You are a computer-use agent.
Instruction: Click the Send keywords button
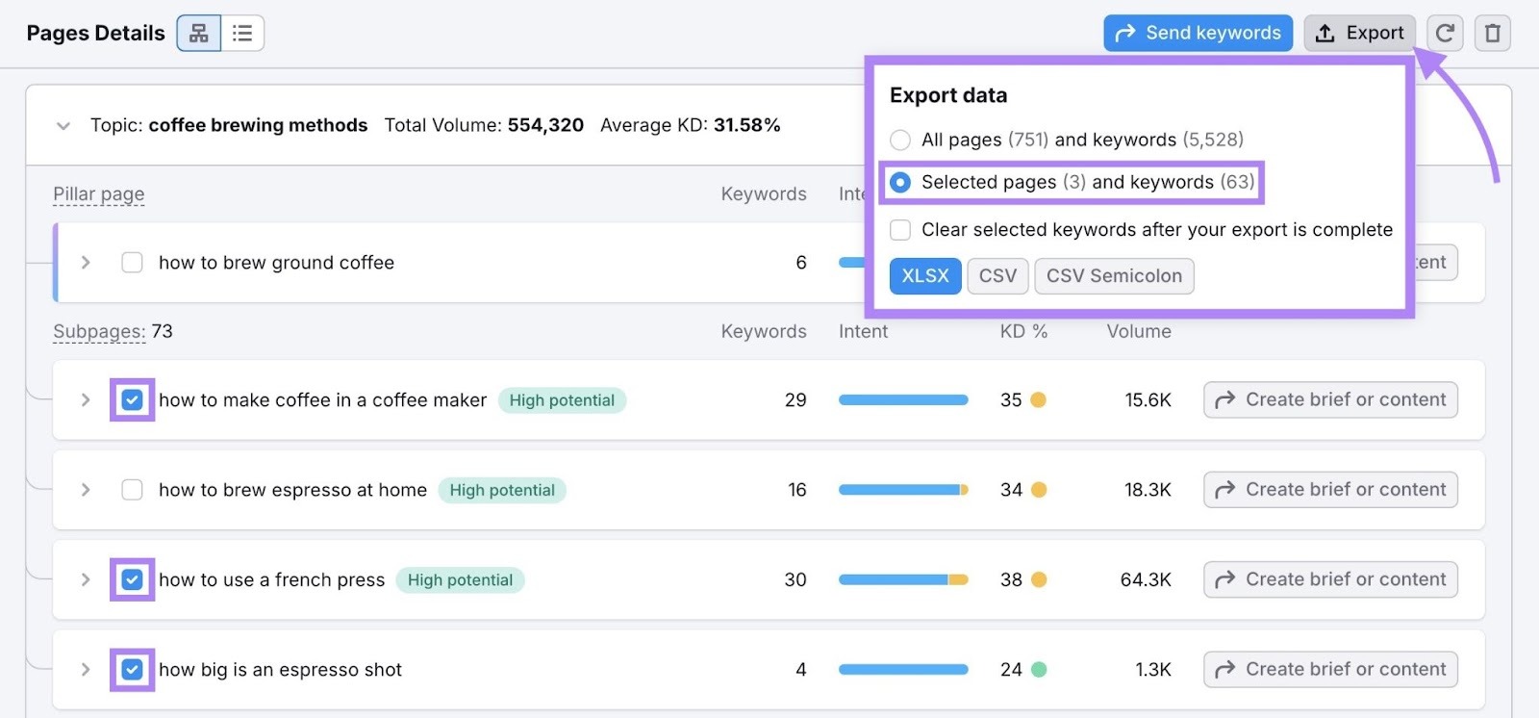click(1198, 34)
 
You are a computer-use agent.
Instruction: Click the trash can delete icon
click(1492, 34)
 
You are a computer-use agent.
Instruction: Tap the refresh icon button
click(1444, 34)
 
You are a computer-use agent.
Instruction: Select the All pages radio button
click(900, 141)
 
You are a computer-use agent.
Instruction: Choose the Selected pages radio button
click(900, 183)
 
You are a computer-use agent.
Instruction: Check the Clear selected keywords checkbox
click(900, 230)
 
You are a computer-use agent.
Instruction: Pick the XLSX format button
click(924, 276)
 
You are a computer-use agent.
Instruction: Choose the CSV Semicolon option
click(1114, 276)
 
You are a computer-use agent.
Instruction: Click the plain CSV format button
click(997, 276)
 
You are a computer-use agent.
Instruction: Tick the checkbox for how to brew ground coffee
click(133, 263)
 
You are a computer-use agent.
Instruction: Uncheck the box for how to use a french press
click(133, 580)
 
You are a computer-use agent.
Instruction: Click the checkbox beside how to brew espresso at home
click(133, 490)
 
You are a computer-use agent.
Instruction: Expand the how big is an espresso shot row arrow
click(86, 670)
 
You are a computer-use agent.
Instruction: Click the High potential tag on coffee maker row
click(562, 400)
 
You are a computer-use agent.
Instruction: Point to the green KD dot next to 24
click(1039, 670)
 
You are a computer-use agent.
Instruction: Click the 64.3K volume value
click(1145, 580)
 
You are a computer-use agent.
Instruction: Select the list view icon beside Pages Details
click(242, 34)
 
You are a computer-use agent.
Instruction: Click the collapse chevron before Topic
click(63, 126)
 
